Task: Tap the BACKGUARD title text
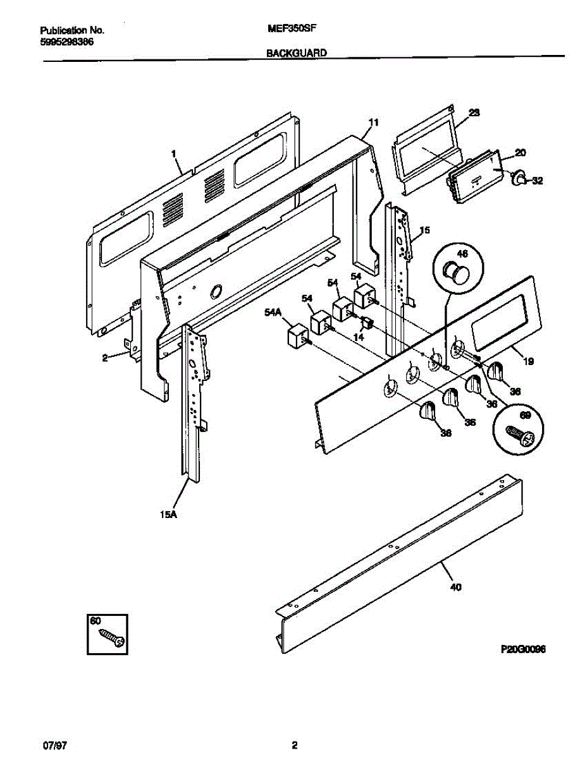tap(297, 54)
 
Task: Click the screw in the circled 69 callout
tap(520, 435)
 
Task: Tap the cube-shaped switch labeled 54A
tap(296, 335)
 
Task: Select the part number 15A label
tap(168, 515)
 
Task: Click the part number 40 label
tap(455, 587)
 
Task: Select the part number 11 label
tap(373, 123)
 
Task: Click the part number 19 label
tap(529, 362)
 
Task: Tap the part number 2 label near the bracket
tap(105, 358)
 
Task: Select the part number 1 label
tap(173, 152)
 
